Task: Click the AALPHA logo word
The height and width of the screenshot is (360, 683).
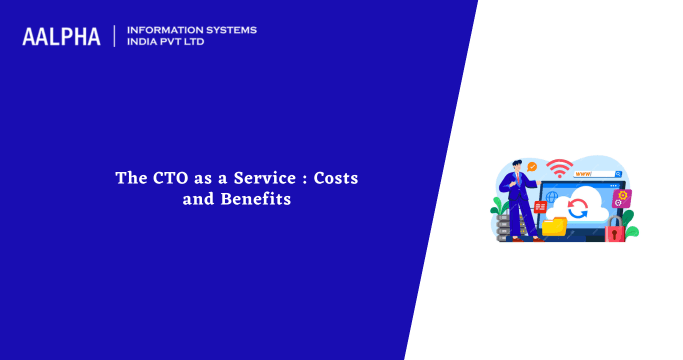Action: pos(61,36)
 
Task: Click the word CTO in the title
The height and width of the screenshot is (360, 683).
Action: pos(167,178)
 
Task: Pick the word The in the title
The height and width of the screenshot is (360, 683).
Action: pos(129,178)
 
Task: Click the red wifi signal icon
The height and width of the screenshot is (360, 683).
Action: pos(559,167)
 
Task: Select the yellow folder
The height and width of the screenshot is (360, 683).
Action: pos(554,227)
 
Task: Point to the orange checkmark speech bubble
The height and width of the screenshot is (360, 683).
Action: pos(533,166)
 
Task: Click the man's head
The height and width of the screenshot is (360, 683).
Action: pos(517,162)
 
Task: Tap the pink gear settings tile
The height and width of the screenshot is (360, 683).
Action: pos(621,198)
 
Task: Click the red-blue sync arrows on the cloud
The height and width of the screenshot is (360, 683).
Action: pos(577,208)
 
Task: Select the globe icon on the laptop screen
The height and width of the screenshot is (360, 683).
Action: pos(551,197)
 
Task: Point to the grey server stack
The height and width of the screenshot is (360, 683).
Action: pos(502,227)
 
